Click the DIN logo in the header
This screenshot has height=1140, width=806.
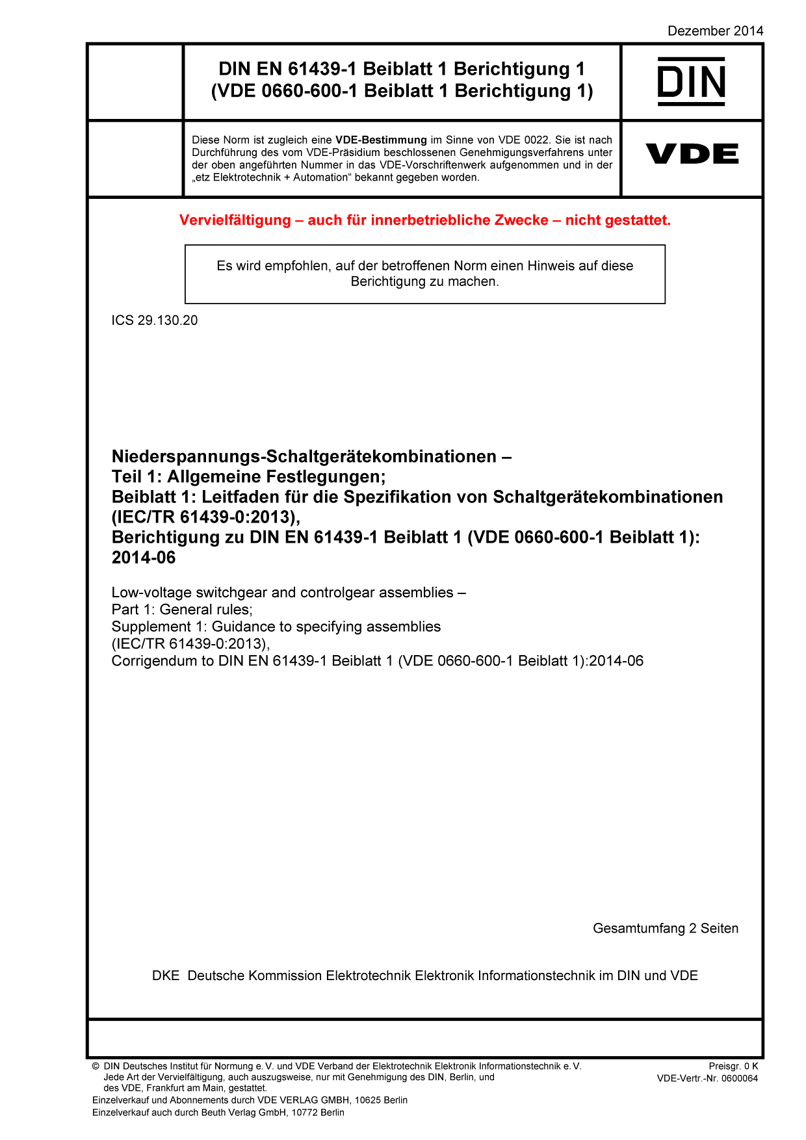[x=692, y=81]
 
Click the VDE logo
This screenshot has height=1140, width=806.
[x=692, y=154]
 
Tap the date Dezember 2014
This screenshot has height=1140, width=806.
[x=715, y=31]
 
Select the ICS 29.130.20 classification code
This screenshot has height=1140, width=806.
[x=155, y=320]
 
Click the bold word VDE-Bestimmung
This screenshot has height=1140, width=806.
[x=381, y=140]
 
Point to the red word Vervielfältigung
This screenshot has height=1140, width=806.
[x=235, y=220]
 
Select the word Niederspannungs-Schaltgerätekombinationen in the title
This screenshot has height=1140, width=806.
[x=304, y=456]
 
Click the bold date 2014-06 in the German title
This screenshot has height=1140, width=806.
[x=144, y=558]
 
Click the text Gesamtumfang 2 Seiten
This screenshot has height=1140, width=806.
[x=665, y=928]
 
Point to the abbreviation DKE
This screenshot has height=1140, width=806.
[x=166, y=976]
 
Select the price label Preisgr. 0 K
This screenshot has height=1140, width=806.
[x=733, y=1066]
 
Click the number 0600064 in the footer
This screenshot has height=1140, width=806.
[x=739, y=1078]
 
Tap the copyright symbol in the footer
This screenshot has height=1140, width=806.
[x=96, y=1067]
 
